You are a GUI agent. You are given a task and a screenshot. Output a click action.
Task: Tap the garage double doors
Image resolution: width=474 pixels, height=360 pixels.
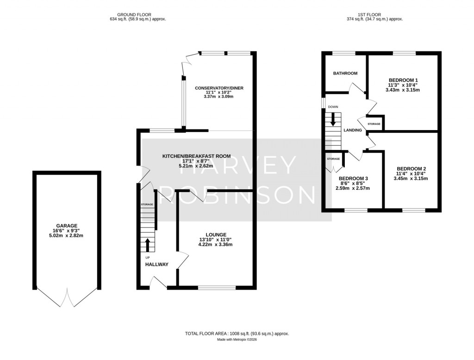point(68,297)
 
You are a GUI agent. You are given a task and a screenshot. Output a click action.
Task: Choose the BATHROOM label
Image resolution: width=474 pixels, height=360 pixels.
point(345,74)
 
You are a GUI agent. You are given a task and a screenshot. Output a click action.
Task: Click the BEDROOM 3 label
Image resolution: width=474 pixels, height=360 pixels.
point(353,178)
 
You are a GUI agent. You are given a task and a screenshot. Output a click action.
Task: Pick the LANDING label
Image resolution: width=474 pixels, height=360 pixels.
point(352,130)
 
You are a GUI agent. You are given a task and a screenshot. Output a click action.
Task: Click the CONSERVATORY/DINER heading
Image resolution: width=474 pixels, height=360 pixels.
point(219,88)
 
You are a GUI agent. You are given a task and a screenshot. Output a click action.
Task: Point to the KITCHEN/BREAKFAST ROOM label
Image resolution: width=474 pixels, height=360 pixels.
point(196,156)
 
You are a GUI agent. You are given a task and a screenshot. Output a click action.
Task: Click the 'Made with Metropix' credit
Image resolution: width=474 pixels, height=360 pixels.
point(237,340)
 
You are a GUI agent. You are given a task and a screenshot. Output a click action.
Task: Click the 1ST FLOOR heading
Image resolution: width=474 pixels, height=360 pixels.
point(374,15)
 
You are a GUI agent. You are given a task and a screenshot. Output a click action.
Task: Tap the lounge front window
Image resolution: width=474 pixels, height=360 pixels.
point(217,287)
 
